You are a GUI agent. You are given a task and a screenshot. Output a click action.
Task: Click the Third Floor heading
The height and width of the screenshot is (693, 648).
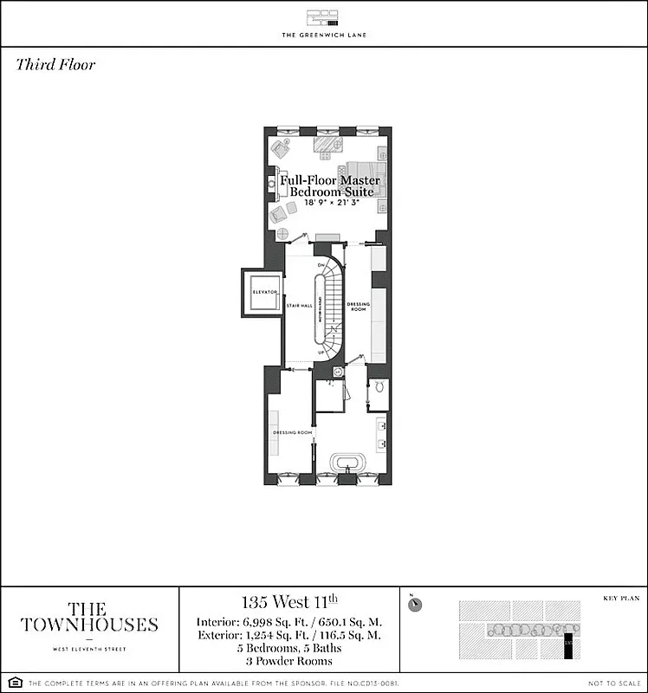[x=55, y=65]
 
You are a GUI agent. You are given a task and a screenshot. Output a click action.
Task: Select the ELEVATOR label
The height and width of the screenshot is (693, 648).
[x=263, y=293]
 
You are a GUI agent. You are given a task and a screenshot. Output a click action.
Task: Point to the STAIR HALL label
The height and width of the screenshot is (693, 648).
[x=299, y=305]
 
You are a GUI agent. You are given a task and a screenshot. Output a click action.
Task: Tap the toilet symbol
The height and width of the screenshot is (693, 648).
[x=378, y=391]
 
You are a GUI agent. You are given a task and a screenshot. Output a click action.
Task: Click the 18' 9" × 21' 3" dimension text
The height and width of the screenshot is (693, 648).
[x=326, y=202]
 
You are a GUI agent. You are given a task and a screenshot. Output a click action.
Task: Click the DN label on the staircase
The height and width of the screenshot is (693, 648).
[x=320, y=265]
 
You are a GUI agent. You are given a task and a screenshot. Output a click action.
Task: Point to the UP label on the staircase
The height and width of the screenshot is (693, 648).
[x=321, y=353]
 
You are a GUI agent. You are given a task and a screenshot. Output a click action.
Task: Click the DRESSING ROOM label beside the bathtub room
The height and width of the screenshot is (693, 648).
[x=292, y=432]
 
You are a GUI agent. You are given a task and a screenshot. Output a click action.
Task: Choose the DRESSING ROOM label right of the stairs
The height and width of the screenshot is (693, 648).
[x=359, y=305]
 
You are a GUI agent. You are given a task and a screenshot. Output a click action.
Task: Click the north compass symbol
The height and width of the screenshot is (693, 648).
[x=416, y=605]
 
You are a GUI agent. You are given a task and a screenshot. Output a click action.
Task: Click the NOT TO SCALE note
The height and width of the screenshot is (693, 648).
[x=612, y=683]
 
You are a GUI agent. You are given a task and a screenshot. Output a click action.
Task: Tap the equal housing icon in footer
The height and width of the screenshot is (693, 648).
[x=10, y=683]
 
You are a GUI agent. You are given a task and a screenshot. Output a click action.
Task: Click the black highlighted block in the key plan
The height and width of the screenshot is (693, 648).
[x=569, y=645]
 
